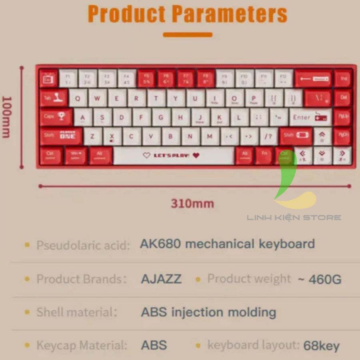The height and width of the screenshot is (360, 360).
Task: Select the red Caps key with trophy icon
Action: point(56,117)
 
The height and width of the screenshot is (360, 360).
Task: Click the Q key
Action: point(78,98)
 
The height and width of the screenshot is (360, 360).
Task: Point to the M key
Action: point(210,137)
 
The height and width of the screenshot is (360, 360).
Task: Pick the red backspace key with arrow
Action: point(314,79)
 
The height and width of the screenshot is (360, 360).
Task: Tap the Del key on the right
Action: point(343,98)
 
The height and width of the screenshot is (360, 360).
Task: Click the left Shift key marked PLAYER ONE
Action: point(61,136)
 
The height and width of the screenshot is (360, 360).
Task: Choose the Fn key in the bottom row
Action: point(264,156)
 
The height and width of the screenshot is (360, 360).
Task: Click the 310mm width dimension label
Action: point(192,204)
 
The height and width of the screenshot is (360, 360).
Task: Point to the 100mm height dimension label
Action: point(7,117)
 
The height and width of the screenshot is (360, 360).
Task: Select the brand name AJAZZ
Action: point(161,279)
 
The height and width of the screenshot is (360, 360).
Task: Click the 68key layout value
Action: point(322,346)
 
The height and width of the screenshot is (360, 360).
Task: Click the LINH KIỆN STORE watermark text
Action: point(294,218)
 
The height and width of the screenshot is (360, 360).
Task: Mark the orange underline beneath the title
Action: point(188,35)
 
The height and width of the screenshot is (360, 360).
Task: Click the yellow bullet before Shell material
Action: point(27,312)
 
